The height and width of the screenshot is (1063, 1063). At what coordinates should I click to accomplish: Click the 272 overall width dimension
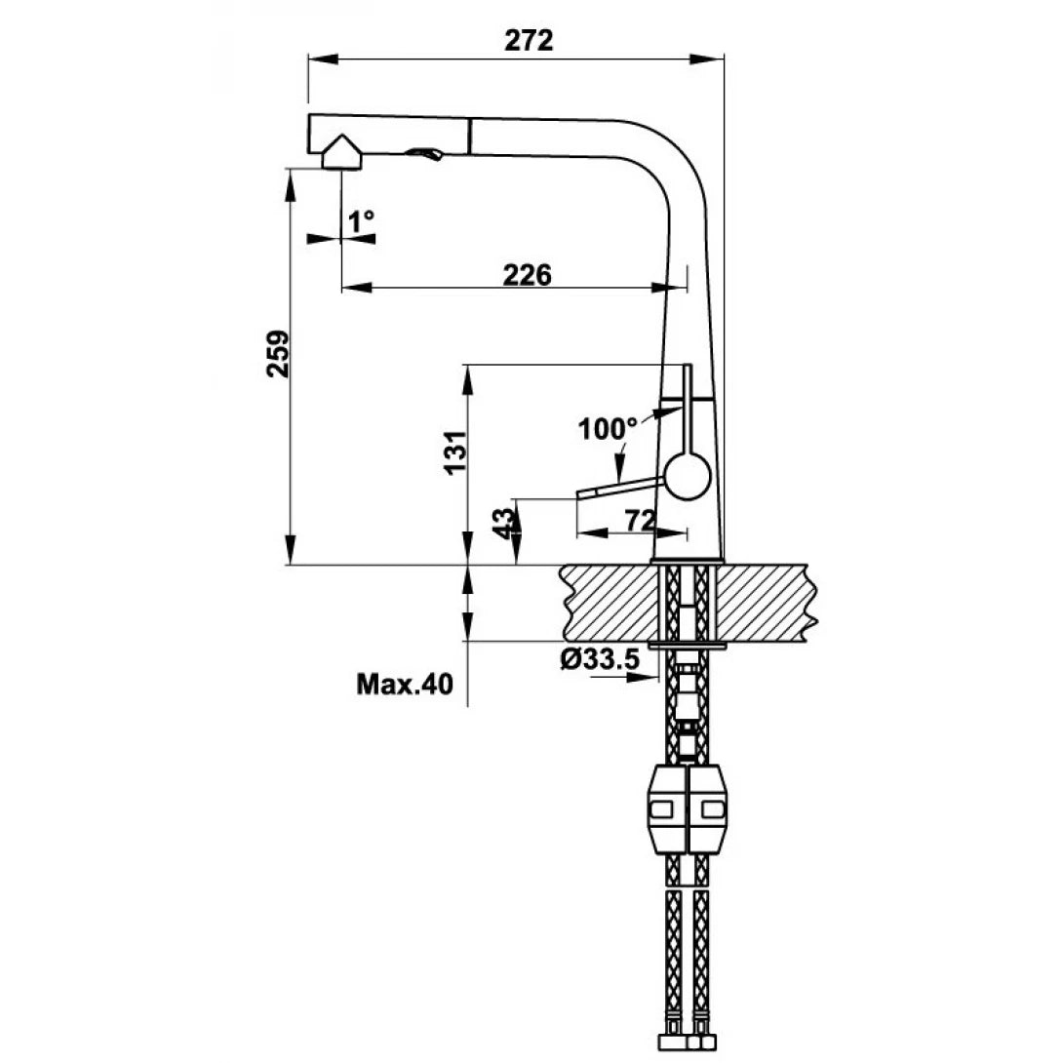point(530,40)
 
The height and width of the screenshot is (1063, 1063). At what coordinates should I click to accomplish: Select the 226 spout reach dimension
point(527,275)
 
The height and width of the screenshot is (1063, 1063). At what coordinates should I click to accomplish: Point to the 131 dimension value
point(454,453)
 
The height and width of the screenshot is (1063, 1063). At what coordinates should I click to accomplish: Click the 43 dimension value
point(503,522)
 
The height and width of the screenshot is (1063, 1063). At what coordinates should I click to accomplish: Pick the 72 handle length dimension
point(639,521)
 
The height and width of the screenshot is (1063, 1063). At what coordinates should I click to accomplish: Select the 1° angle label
point(362,222)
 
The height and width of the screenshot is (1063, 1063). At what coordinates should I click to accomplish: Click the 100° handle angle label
point(607,428)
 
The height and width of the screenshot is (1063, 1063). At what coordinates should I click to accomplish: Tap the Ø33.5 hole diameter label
point(600,660)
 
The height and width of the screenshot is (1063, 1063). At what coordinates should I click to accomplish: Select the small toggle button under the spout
point(425,154)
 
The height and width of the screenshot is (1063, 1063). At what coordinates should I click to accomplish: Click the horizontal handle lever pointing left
point(619,487)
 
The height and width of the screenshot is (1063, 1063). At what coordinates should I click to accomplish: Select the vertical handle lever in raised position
point(685,410)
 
